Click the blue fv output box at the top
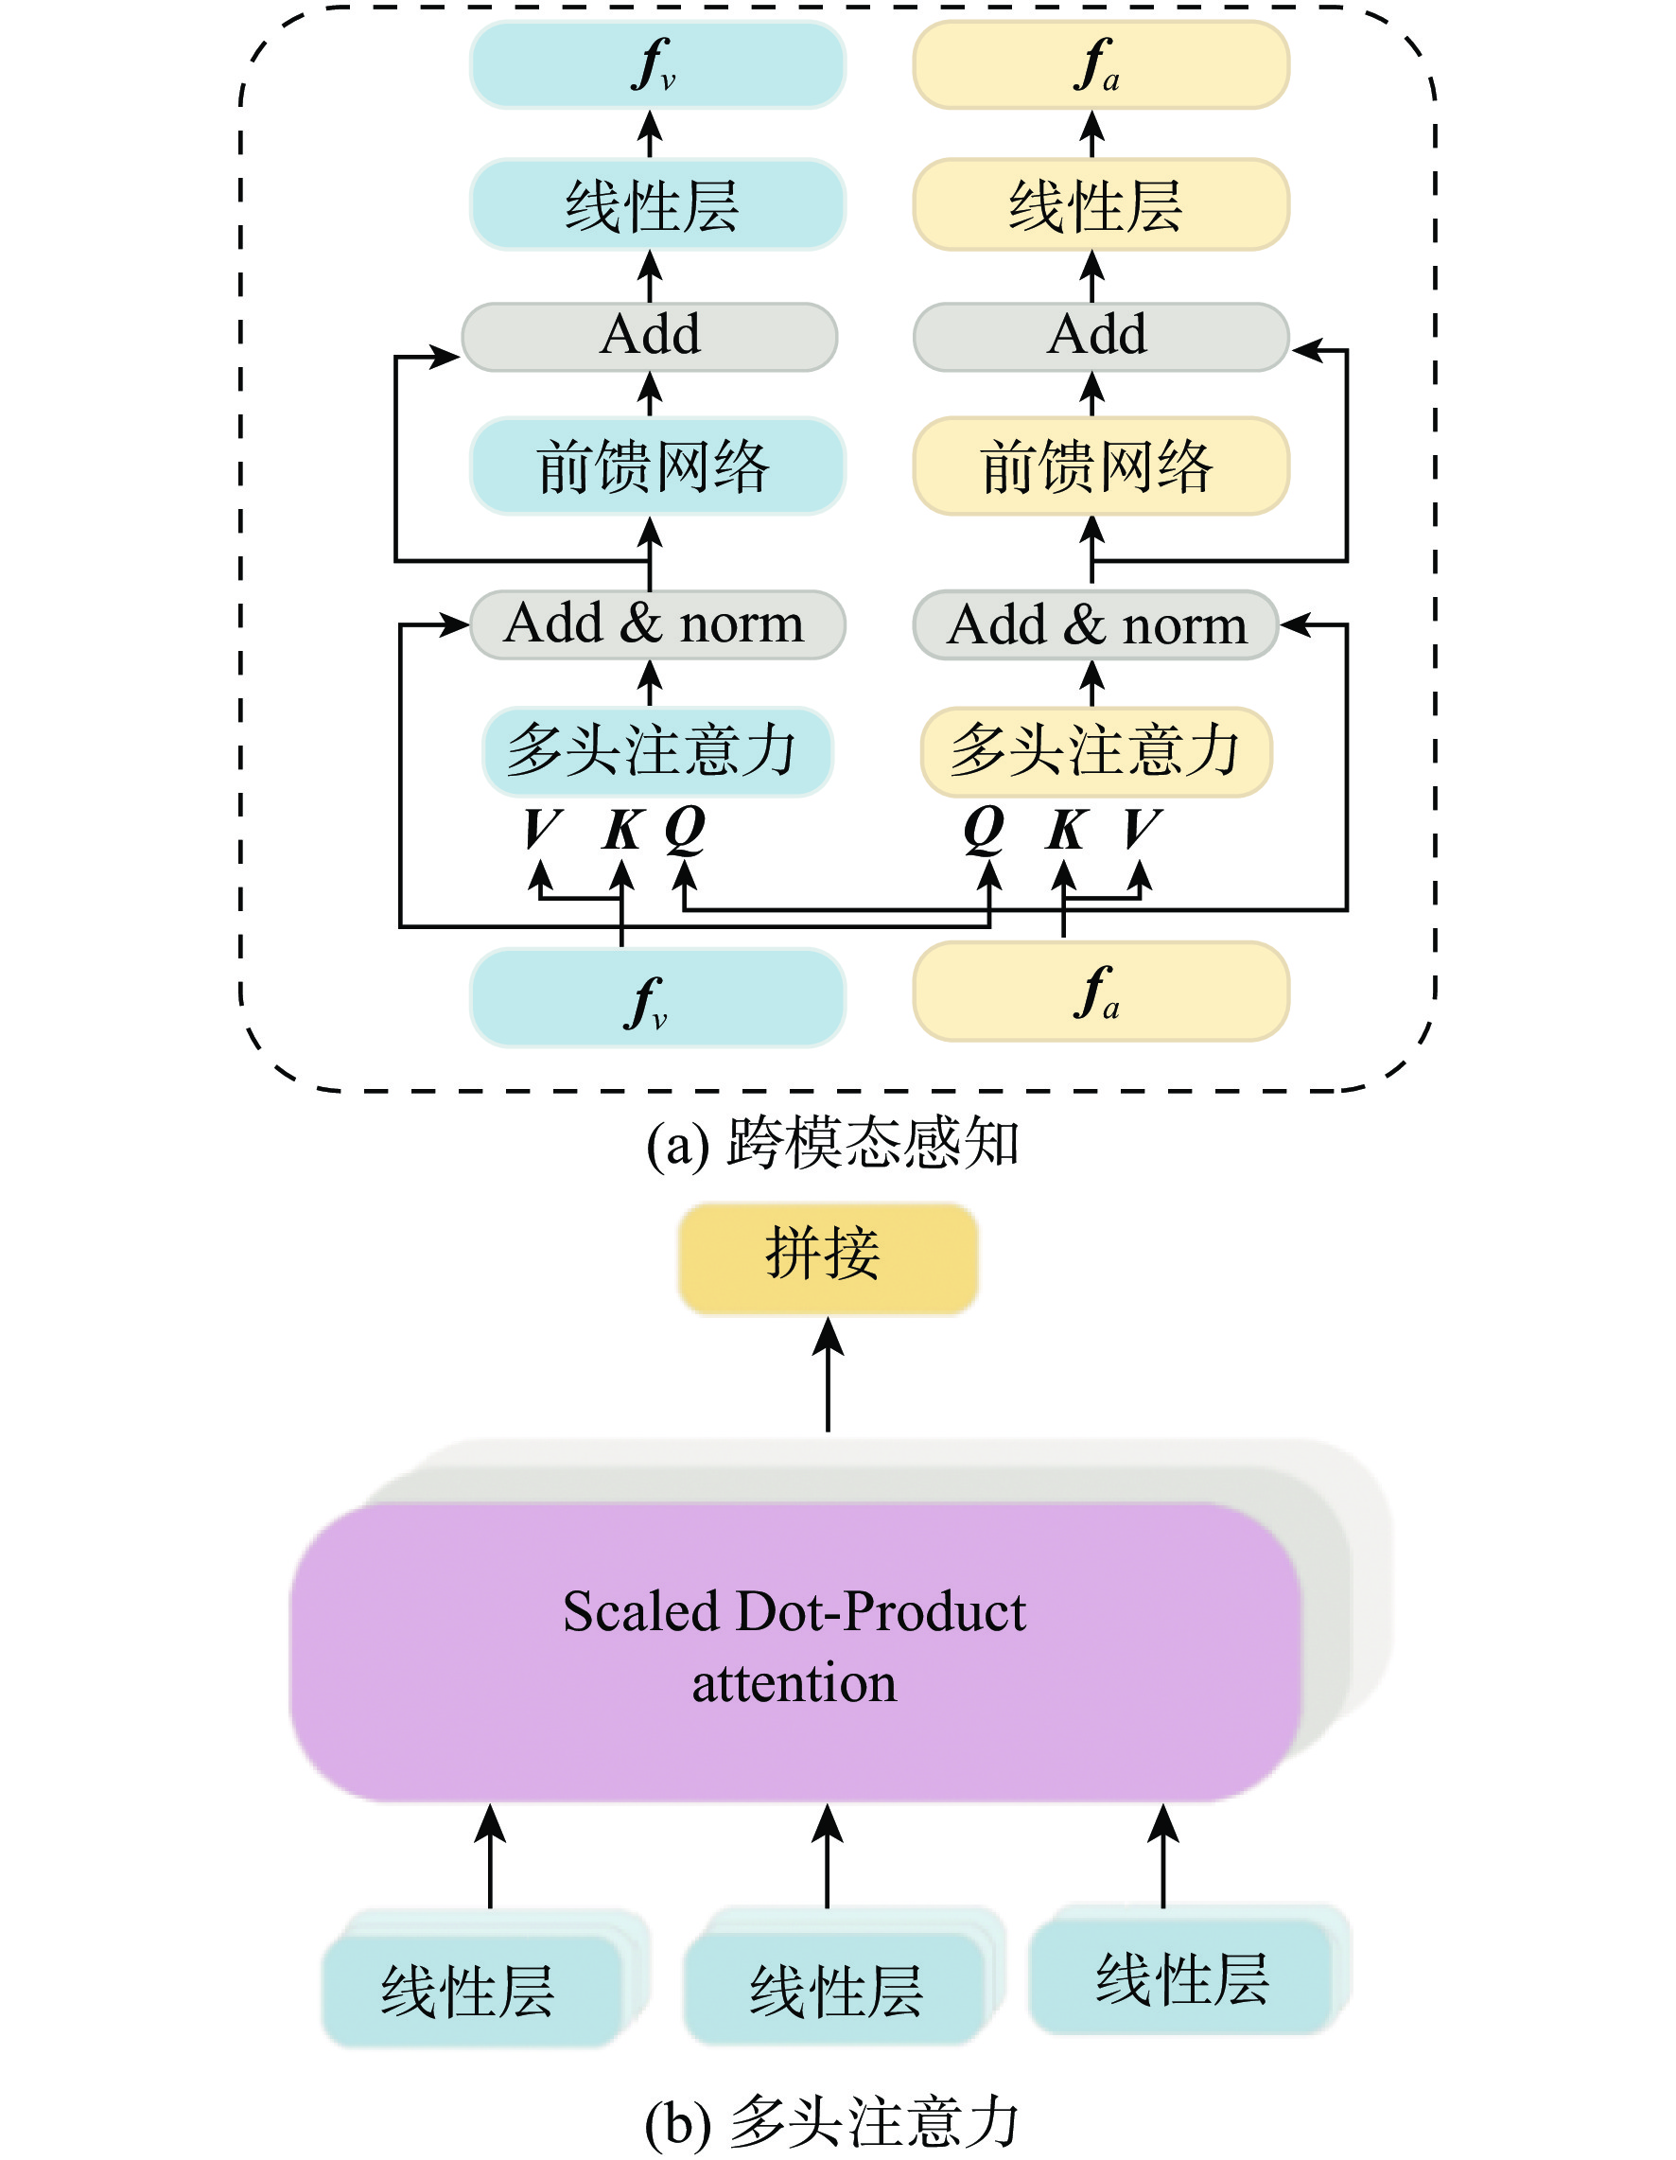[x=656, y=64]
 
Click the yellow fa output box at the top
[x=1101, y=64]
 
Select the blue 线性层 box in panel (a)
[x=656, y=204]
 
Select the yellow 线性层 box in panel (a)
[x=1101, y=204]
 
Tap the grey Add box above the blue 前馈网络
[x=650, y=336]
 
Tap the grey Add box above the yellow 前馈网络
[x=1101, y=336]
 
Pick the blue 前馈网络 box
[x=656, y=465]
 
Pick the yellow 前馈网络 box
[x=1101, y=465]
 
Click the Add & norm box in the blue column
[x=656, y=625]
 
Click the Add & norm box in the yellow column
[x=1095, y=625]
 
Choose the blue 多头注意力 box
[x=656, y=750]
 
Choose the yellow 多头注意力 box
[x=1095, y=750]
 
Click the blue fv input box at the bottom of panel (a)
[x=656, y=997]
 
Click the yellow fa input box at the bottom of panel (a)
[x=1101, y=991]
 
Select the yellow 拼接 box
[x=828, y=1258]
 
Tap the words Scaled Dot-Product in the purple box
[x=794, y=1612]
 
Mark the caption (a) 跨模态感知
[x=832, y=1144]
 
